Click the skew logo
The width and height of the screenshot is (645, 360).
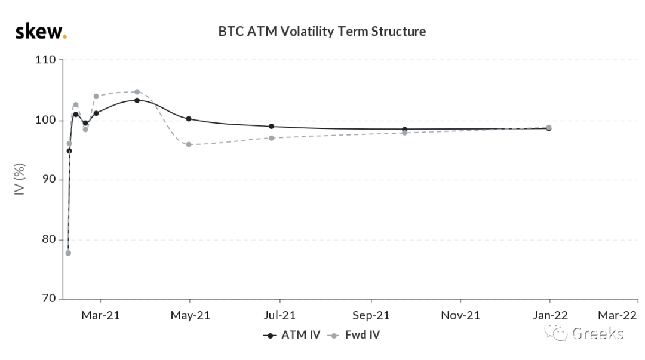[41, 32]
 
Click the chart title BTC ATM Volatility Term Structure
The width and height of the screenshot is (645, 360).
[322, 32]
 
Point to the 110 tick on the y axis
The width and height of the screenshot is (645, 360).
[45, 60]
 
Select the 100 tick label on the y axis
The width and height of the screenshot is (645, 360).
[45, 120]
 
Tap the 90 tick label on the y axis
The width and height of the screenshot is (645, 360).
[49, 179]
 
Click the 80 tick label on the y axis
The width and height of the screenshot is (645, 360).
[49, 239]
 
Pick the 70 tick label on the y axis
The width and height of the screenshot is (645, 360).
[49, 299]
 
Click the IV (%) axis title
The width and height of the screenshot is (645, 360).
[20, 179]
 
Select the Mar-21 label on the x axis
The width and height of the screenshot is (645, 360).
[100, 316]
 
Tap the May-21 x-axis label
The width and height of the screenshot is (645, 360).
[190, 316]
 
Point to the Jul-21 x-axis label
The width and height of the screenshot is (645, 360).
[279, 316]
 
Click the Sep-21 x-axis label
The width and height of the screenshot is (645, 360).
[371, 316]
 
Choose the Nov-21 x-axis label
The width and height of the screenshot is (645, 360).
[460, 316]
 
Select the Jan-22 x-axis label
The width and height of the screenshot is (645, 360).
[550, 316]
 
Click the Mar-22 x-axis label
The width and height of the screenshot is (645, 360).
[617, 316]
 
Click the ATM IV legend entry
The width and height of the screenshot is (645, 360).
[291, 335]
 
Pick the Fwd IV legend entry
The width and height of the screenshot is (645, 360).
[354, 335]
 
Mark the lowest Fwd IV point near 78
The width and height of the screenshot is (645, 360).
[68, 253]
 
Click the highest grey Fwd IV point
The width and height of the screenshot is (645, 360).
[137, 92]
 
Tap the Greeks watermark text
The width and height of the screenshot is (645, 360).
[598, 333]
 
